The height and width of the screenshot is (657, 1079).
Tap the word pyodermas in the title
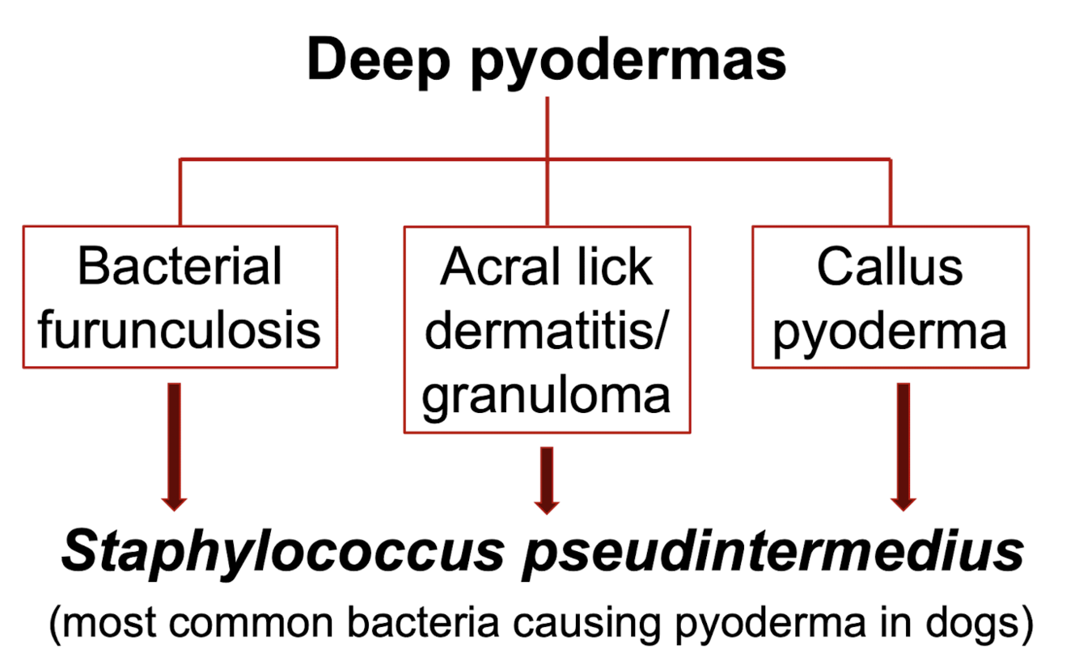coord(629,61)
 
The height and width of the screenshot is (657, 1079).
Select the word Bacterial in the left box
coord(180,266)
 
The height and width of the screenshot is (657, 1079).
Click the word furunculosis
coord(180,329)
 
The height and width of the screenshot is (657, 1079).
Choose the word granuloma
coord(547,395)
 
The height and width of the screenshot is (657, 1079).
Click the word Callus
coord(890,266)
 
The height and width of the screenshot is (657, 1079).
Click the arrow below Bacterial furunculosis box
coord(175,444)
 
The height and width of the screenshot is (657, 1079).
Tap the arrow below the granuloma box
coord(547,479)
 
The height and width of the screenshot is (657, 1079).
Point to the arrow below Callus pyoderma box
coord(903,444)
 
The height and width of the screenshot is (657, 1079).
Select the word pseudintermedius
coord(772,554)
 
